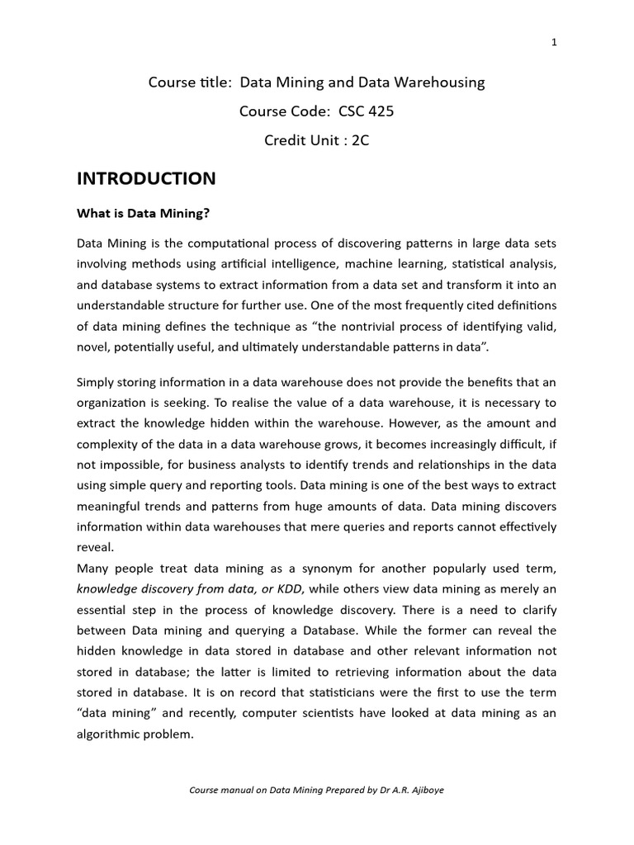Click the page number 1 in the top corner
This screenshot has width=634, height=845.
pos(554,44)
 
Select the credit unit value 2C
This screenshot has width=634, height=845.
pos(360,140)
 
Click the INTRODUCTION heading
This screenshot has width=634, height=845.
pos(146,179)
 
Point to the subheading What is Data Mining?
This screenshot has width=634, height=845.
pos(144,213)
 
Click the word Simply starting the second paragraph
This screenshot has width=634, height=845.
pos(97,382)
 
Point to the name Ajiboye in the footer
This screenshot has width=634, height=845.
pos(424,791)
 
